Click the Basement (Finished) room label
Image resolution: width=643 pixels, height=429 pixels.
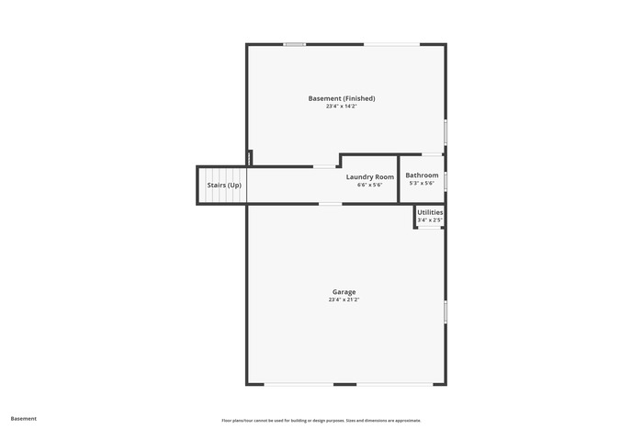[x=342, y=98]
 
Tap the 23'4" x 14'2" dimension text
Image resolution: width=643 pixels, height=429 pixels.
[x=342, y=107]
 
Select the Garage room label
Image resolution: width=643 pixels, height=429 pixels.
[x=344, y=292]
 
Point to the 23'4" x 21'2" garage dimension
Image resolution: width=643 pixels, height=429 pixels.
[x=344, y=299]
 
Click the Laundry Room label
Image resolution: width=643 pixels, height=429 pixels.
[x=370, y=176]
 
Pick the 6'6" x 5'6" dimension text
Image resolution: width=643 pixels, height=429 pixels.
[x=370, y=185]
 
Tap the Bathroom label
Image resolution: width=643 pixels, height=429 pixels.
[x=422, y=175]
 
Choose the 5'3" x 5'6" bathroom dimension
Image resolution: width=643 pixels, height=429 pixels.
[x=422, y=184]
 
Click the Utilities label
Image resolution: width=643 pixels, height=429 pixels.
[x=430, y=212]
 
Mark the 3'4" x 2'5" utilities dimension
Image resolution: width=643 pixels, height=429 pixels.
[x=430, y=220]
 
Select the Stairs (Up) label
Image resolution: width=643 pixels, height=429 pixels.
[x=224, y=186]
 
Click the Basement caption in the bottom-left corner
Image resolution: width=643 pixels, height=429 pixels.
[x=23, y=419]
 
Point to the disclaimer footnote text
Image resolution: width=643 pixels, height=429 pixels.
[x=321, y=421]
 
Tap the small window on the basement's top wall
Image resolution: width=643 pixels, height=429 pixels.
[x=295, y=44]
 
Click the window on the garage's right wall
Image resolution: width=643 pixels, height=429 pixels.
[x=446, y=312]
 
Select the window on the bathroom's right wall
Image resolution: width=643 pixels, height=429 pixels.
[x=446, y=181]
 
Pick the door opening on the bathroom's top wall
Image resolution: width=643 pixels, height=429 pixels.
[x=433, y=154]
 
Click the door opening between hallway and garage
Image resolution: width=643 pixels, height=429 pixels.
[x=331, y=204]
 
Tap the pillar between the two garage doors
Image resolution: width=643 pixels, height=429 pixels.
[x=344, y=384]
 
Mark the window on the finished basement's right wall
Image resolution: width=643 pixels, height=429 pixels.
[x=446, y=132]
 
